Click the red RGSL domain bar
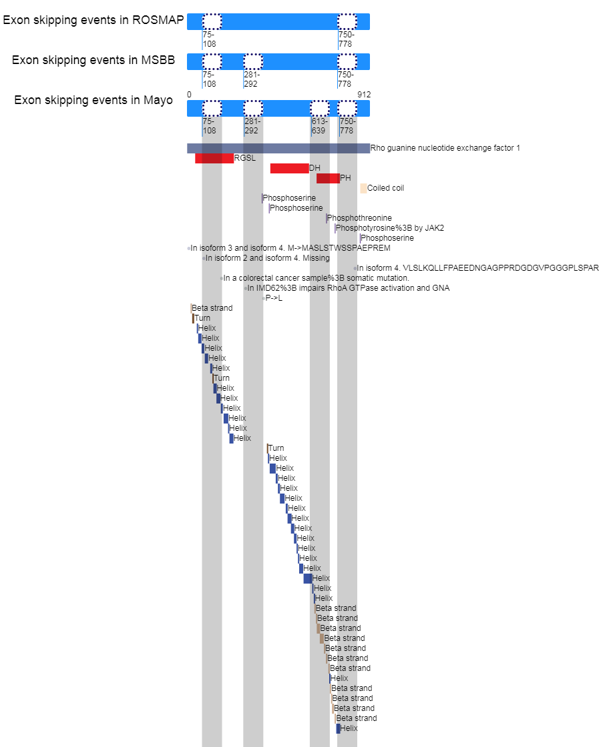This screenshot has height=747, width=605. pos(214,159)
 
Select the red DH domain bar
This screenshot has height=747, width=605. pos(289,168)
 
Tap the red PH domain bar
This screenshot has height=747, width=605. pos(328,178)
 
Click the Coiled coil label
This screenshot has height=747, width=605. pos(385,188)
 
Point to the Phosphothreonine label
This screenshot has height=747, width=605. pos(359,218)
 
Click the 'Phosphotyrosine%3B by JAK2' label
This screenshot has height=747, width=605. pos(390,228)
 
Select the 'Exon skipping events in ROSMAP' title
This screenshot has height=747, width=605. pos(93,20)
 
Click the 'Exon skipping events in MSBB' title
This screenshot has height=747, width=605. pos(93,60)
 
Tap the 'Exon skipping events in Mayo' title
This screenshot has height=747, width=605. pos(93,100)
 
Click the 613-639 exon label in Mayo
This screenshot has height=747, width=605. pos(319,126)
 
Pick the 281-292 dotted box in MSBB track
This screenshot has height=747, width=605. pos(253,62)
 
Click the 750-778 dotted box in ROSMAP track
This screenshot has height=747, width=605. pos(347,22)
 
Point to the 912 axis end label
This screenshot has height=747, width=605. pos(364,95)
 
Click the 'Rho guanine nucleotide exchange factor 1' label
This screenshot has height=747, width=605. pos(445,148)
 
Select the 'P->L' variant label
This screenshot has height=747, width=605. pos(274,298)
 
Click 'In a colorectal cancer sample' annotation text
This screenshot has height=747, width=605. pos(316,278)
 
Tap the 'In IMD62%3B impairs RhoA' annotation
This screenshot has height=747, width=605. pos(348,288)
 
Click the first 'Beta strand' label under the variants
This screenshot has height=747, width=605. pos(212,308)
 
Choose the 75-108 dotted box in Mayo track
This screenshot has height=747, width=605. pos(212,109)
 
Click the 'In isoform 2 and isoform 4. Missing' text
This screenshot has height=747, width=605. pos(267,258)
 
